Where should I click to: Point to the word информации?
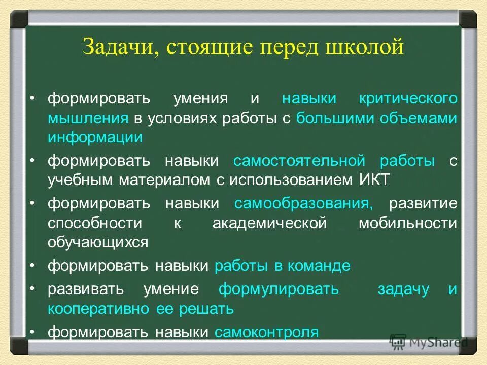(95, 137)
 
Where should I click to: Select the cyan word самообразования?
(303, 204)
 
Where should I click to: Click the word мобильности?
(408, 223)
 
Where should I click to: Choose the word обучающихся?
(98, 242)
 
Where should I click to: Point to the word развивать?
(86, 289)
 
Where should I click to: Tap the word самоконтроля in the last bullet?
(267, 332)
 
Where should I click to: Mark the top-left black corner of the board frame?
(19, 19)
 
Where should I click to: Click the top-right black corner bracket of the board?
(468, 19)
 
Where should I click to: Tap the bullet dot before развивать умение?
(32, 288)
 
